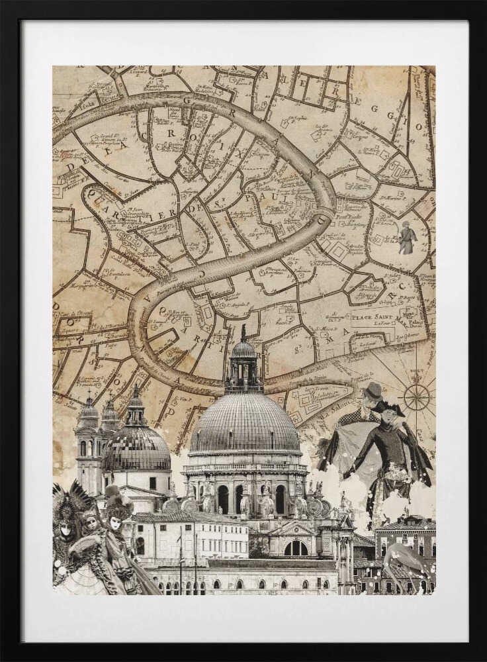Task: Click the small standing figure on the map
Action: tap(407, 238)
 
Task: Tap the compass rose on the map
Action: tap(416, 397)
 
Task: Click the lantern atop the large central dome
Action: tap(243, 361)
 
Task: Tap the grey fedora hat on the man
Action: tap(374, 390)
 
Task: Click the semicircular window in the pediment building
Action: tap(295, 548)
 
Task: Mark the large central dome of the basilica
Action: tap(245, 424)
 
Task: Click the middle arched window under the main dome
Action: tap(240, 499)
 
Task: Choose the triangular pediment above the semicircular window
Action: tap(295, 530)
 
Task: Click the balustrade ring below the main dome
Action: tap(245, 466)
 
